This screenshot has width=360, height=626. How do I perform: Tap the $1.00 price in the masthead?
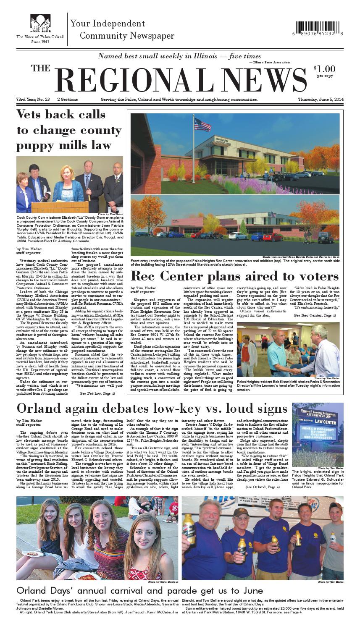324,68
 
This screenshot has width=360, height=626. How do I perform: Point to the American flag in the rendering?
202,125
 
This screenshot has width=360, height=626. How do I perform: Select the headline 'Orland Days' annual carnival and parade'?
140,590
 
